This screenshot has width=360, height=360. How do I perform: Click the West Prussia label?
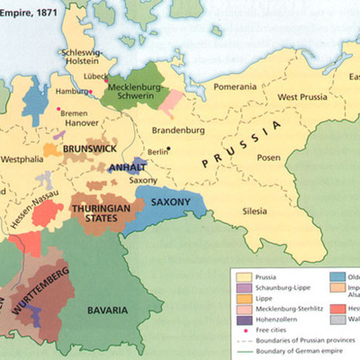pos(301,96)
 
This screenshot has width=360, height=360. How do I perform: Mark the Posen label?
pos(270,158)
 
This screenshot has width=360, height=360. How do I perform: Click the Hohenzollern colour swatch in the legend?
pos(243,319)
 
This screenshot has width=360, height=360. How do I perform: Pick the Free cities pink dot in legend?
pos(242,331)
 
